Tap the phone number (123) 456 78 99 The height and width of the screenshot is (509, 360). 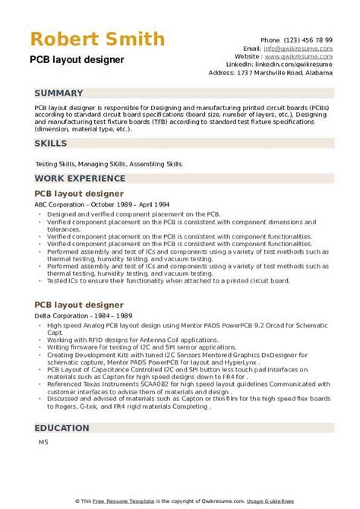pos(313,39)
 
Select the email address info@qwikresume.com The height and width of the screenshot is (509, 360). pos(312,47)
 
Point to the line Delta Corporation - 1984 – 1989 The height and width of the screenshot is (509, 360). pos(79,293)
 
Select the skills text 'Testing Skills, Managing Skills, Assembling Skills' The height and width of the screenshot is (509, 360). pos(109,163)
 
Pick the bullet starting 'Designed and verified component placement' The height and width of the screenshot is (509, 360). pos(134,215)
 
